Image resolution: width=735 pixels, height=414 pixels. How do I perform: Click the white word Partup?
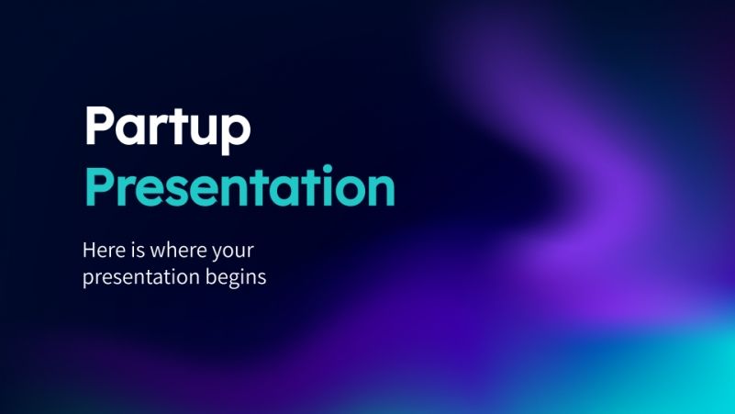[x=166, y=129]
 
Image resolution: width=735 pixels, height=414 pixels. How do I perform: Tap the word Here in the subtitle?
[x=104, y=249]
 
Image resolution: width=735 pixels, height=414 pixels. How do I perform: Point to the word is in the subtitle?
[x=137, y=249]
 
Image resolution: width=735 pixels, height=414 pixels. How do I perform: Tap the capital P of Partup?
[x=98, y=128]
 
